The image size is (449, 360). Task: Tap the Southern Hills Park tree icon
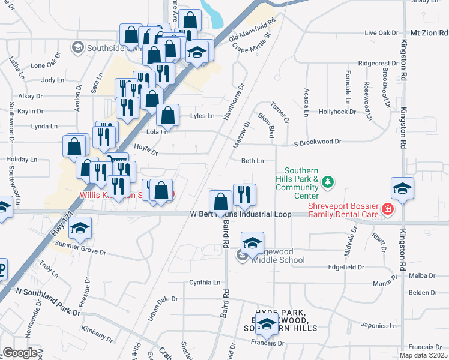(327, 181)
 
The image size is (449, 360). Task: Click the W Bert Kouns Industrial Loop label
(241, 214)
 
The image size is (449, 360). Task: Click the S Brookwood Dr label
(317, 142)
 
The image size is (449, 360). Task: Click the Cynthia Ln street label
(205, 282)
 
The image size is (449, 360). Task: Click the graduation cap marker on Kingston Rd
(402, 188)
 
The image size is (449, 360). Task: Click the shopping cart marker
(117, 163)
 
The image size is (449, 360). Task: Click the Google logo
(20, 353)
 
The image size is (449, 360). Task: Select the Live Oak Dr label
(381, 32)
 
